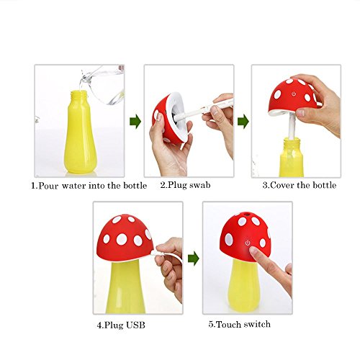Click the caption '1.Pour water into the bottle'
tap(89, 186)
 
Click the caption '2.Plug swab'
tap(185, 185)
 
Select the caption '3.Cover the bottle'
tap(300, 185)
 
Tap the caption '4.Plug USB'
tap(121, 325)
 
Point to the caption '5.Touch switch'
tap(239, 324)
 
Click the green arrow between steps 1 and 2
tap(135, 122)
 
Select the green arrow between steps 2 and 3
tap(243, 122)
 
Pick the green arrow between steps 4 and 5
tap(194, 258)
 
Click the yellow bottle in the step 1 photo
tap(80, 132)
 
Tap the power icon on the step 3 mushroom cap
tap(294, 94)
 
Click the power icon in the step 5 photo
tap(248, 243)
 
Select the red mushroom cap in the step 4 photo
tap(125, 238)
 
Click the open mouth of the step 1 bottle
tap(79, 92)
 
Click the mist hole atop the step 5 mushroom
tap(246, 213)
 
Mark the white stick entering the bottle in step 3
tap(292, 126)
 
